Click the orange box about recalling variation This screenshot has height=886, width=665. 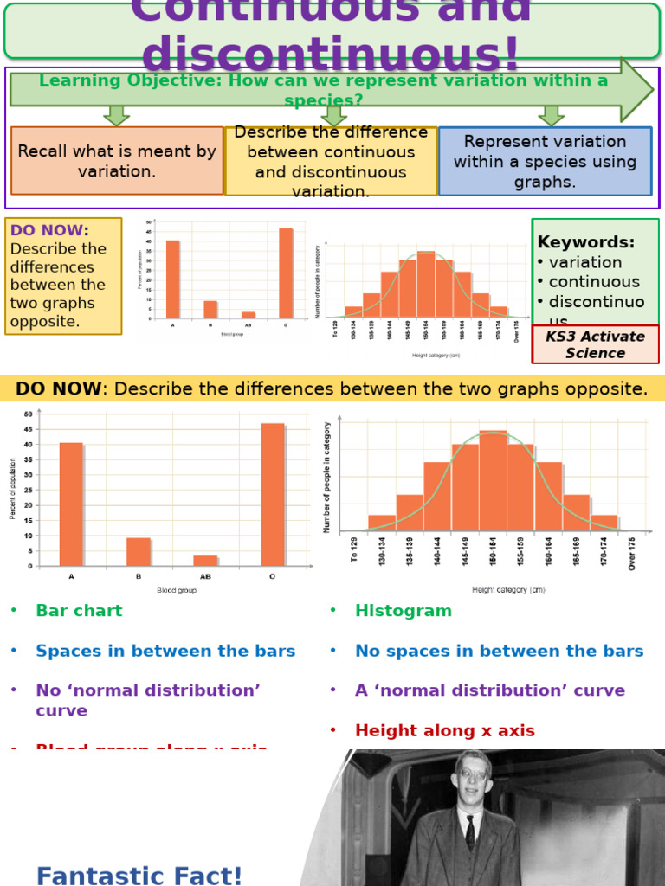pyautogui.click(x=117, y=161)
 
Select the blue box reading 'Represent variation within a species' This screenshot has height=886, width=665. pyautogui.click(x=545, y=162)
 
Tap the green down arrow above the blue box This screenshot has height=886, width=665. pyautogui.click(x=551, y=115)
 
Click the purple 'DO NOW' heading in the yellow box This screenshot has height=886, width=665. pyautogui.click(x=49, y=230)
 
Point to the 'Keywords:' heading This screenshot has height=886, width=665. pyautogui.click(x=586, y=242)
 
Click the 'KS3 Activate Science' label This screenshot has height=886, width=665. pyautogui.click(x=595, y=344)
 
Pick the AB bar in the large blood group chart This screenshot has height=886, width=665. pyautogui.click(x=205, y=561)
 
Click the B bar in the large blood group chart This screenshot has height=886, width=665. pyautogui.click(x=138, y=552)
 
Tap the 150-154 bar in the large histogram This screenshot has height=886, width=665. pyautogui.click(x=493, y=480)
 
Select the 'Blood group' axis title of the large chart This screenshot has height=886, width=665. pyautogui.click(x=177, y=590)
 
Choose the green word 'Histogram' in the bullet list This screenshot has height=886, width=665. pyautogui.click(x=404, y=611)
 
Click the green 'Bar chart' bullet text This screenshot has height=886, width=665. pyautogui.click(x=79, y=611)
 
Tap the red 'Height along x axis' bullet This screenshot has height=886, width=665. pyautogui.click(x=445, y=731)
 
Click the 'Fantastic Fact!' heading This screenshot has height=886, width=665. pyautogui.click(x=139, y=876)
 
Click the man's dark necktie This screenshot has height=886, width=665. pyautogui.click(x=470, y=832)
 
